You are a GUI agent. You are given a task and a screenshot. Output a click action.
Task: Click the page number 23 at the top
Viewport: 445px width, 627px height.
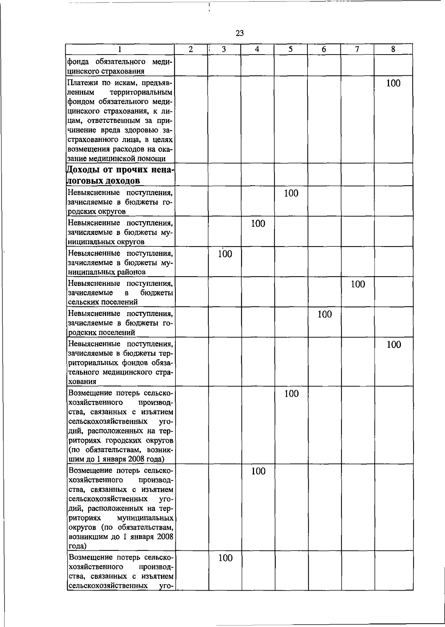click(x=240, y=33)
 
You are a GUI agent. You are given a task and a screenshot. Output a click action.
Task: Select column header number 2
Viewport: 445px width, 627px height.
click(x=191, y=49)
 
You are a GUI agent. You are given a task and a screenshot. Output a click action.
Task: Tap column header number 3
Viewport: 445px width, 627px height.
click(x=224, y=49)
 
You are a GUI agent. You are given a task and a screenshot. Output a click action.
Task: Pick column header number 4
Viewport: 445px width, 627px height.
click(x=257, y=49)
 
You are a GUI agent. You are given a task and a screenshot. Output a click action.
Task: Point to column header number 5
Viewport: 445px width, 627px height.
click(x=290, y=49)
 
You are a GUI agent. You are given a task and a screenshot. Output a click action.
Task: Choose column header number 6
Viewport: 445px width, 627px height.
click(x=324, y=49)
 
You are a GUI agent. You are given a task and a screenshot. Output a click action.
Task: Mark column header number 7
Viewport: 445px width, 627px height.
click(x=357, y=49)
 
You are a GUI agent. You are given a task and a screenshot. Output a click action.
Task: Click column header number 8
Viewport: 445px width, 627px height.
click(x=393, y=49)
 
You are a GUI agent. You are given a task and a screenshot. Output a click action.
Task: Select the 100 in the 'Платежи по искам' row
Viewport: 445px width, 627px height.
click(x=393, y=84)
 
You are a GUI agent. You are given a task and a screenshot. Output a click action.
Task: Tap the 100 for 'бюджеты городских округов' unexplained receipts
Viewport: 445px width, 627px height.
click(x=291, y=193)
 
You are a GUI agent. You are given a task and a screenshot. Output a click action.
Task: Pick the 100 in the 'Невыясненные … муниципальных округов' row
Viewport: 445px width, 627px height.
click(x=258, y=224)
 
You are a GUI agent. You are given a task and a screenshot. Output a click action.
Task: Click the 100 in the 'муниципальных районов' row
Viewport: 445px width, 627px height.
click(x=225, y=254)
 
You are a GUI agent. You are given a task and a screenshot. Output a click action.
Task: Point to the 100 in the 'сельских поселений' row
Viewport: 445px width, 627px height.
click(x=358, y=285)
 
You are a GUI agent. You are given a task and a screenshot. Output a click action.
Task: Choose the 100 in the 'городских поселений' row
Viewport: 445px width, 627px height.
click(x=324, y=315)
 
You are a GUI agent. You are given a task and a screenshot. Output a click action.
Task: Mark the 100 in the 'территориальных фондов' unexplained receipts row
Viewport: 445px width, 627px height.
click(x=393, y=345)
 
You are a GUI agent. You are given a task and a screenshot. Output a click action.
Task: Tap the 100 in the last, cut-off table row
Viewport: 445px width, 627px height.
click(x=225, y=558)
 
